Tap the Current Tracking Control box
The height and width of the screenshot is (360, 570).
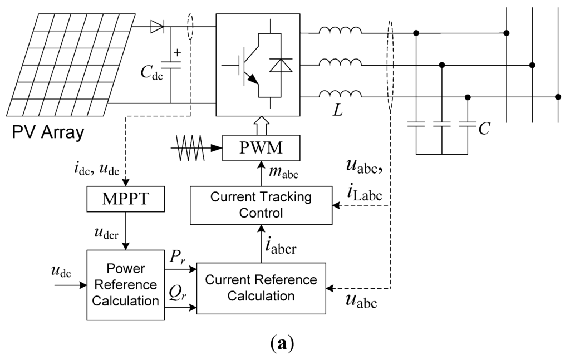click(x=261, y=205)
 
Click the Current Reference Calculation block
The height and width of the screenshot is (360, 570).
click(x=261, y=287)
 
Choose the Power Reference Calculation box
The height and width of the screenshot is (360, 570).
click(x=126, y=285)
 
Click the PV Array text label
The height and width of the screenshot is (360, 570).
click(x=47, y=133)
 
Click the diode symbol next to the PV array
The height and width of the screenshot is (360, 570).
click(x=158, y=26)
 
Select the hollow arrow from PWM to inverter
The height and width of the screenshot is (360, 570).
click(x=262, y=126)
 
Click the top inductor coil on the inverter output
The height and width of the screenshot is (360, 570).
click(x=340, y=31)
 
